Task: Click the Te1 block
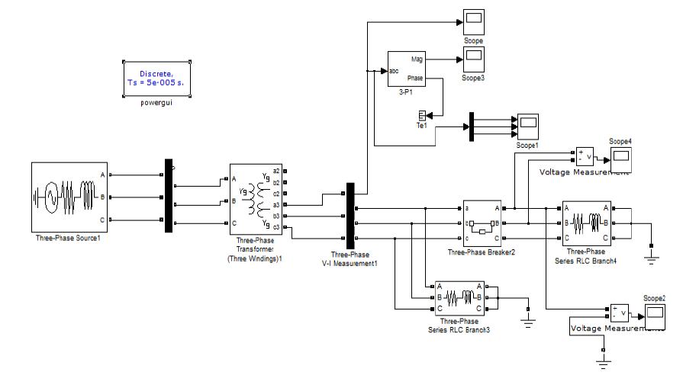pos(421,115)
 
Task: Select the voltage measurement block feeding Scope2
pos(618,313)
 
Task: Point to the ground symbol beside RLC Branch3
pos(527,319)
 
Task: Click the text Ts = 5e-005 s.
pos(156,83)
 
